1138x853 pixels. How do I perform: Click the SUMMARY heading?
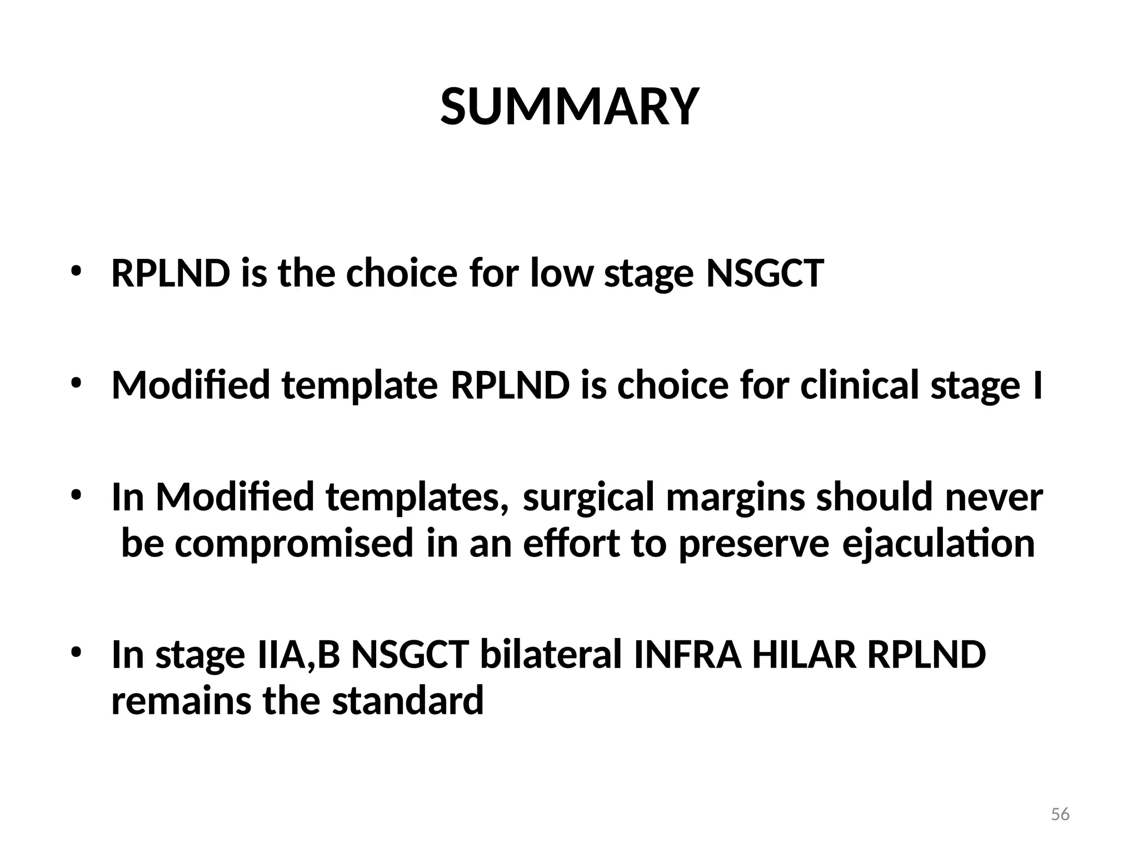pyautogui.click(x=569, y=107)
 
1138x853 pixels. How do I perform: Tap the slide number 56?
pyautogui.click(x=1060, y=814)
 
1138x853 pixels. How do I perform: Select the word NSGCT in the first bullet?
pyautogui.click(x=764, y=273)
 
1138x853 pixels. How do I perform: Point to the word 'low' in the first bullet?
pyautogui.click(x=562, y=273)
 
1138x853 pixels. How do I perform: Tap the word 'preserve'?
pyautogui.click(x=754, y=544)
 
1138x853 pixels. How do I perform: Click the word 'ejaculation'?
pyautogui.click(x=939, y=544)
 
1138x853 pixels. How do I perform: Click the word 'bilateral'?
pyautogui.click(x=550, y=655)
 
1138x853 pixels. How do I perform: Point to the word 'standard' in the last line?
pyautogui.click(x=408, y=701)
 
